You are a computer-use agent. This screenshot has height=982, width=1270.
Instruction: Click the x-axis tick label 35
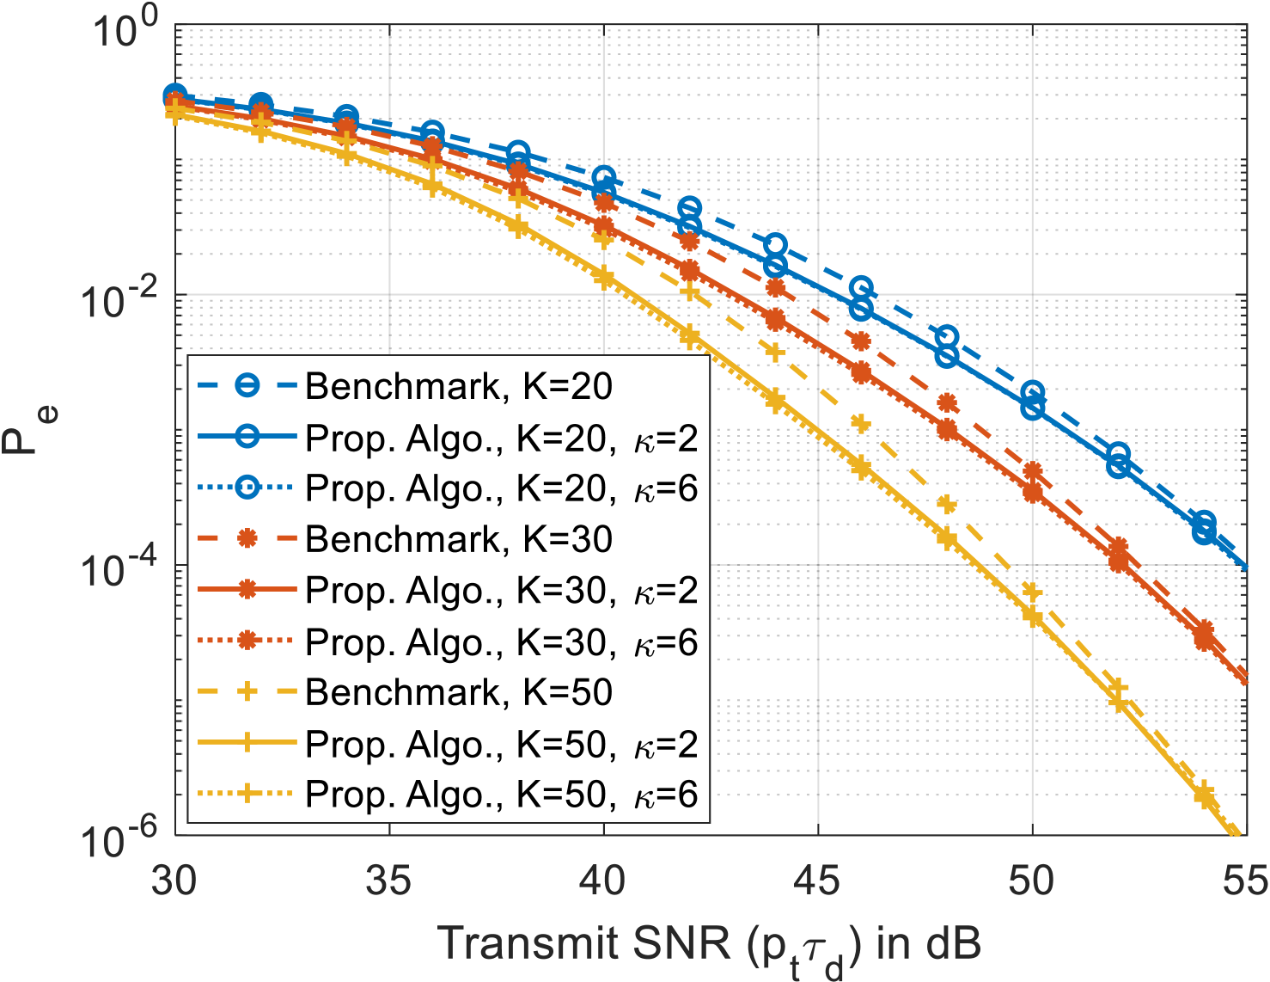click(389, 881)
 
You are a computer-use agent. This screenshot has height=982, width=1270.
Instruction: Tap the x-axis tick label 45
click(817, 881)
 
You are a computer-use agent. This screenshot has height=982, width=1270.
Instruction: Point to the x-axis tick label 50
click(1031, 881)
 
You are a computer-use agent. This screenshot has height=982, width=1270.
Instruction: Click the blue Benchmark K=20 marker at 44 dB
click(775, 245)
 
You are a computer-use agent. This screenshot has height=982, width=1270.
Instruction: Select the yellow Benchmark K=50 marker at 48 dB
click(946, 505)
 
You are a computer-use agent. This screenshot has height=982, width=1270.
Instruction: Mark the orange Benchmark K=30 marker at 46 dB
click(861, 341)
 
